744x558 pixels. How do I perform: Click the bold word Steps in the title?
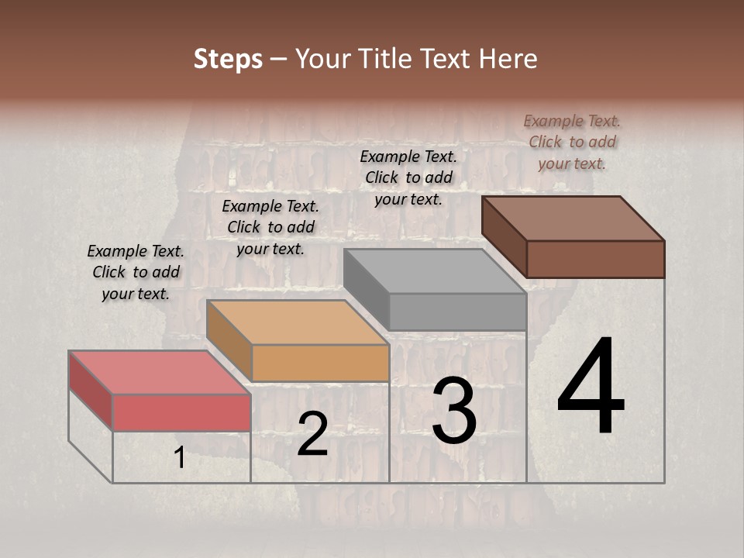228,59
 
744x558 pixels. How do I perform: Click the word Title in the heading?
391,59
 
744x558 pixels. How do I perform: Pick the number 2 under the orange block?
312,434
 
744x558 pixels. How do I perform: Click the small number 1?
180,458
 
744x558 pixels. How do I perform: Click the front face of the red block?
181,412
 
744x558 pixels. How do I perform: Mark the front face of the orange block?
320,363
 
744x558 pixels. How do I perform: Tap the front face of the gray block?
457,312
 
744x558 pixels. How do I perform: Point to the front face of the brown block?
595,259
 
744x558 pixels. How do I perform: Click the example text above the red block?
136,272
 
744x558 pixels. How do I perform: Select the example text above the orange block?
270,227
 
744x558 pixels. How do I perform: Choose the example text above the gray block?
408,177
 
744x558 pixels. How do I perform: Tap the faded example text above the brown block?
572,142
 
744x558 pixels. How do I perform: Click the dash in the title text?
279,59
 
